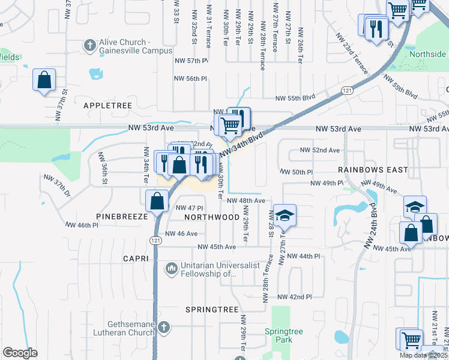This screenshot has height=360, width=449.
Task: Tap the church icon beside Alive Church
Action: point(89,44)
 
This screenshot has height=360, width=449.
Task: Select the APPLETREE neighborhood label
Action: point(107,105)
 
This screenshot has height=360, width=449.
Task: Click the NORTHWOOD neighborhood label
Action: point(208,217)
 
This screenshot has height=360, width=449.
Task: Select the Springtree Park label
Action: point(280,335)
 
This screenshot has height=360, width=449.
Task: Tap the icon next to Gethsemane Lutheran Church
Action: point(163,328)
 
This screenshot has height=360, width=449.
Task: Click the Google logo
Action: point(20,353)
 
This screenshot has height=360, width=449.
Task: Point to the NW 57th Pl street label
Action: point(191,61)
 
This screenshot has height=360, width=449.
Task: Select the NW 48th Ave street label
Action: point(246,200)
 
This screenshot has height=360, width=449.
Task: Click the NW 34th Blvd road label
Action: point(242,146)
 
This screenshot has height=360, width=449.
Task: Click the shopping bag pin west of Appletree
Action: point(44,80)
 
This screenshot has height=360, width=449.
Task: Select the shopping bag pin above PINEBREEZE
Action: point(157,201)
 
